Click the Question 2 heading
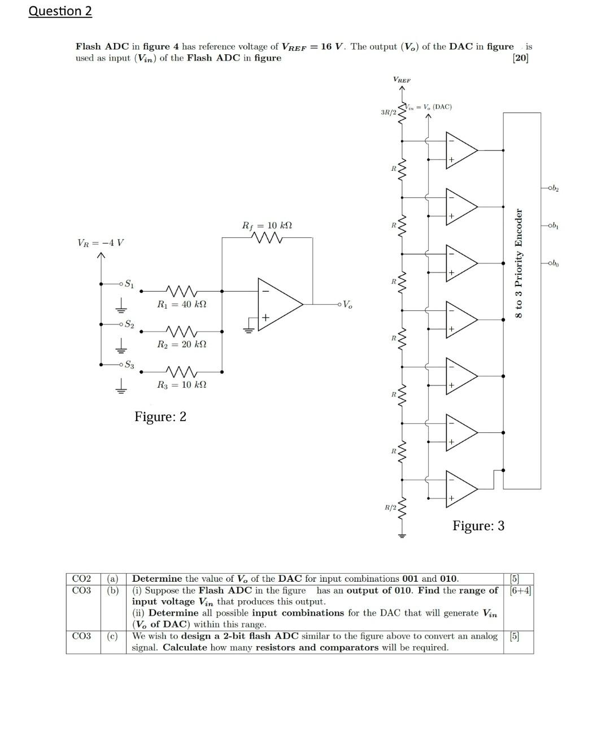pyautogui.click(x=60, y=11)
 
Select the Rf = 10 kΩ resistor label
pyautogui.click(x=267, y=226)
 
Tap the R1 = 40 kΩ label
pyautogui.click(x=181, y=304)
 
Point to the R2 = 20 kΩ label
pyautogui.click(x=181, y=344)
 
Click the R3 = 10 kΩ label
pyautogui.click(x=181, y=385)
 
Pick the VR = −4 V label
pyautogui.click(x=101, y=243)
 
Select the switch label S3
pyautogui.click(x=129, y=365)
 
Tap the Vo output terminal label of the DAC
pyautogui.click(x=347, y=305)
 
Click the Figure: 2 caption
pyautogui.click(x=160, y=417)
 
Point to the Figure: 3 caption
pyautogui.click(x=478, y=526)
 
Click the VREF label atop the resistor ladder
pyautogui.click(x=402, y=80)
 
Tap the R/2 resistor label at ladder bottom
pyautogui.click(x=390, y=508)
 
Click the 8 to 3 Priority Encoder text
pyautogui.click(x=518, y=263)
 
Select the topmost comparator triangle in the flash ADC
pyautogui.click(x=460, y=150)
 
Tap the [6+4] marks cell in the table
pyautogui.click(x=520, y=591)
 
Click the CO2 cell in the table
pyautogui.click(x=82, y=579)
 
